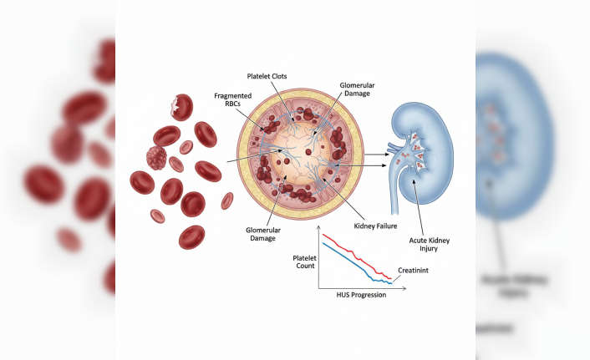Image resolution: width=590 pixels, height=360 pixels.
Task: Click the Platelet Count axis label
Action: (x=303, y=261)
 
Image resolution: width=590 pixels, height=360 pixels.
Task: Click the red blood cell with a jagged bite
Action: (x=181, y=106)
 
